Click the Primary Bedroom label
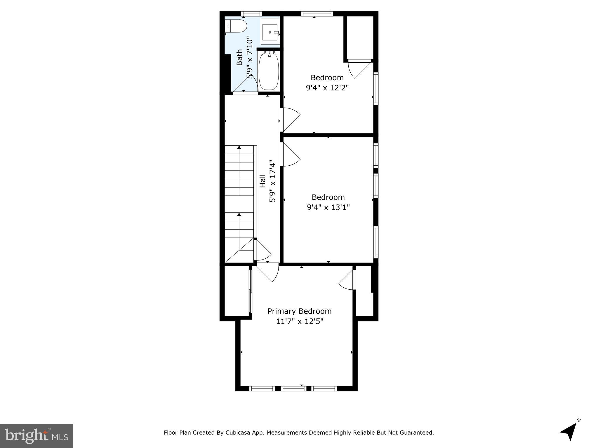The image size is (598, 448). [299, 311]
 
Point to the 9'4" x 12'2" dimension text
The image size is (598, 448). [327, 87]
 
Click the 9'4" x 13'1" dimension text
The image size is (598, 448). [328, 207]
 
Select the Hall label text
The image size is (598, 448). [263, 181]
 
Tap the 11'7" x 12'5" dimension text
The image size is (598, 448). [300, 321]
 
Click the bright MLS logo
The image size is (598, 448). [36, 436]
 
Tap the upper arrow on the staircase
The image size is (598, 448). [239, 148]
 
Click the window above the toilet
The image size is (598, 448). [251, 13]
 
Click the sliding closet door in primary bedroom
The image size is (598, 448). [250, 292]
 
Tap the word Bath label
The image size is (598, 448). [239, 57]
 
